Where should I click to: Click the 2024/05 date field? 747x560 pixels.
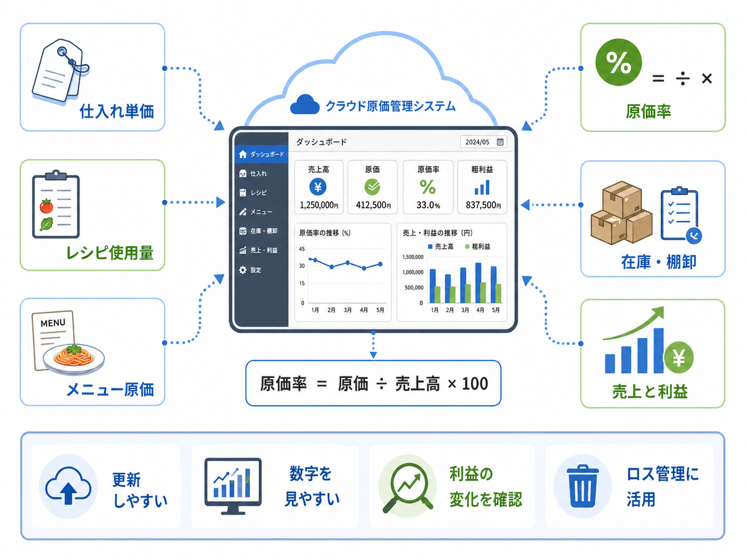(x=483, y=142)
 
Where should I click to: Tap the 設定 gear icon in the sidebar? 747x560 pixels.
(x=242, y=270)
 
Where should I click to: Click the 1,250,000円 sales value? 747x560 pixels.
(x=319, y=205)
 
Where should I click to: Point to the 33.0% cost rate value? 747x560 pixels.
(x=428, y=205)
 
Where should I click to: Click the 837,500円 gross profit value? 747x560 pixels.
(x=483, y=205)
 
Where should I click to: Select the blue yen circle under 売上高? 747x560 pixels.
(x=318, y=187)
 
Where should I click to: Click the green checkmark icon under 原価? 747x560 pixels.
(x=372, y=187)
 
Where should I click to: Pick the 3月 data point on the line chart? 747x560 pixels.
(x=348, y=262)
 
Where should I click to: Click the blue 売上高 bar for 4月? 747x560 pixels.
(x=478, y=283)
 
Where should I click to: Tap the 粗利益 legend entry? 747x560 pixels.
(x=478, y=246)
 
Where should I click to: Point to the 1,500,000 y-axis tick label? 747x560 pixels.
(x=413, y=257)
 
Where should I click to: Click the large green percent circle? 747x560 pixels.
(x=619, y=62)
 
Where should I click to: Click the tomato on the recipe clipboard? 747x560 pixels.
(x=46, y=206)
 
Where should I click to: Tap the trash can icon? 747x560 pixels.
(x=582, y=486)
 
